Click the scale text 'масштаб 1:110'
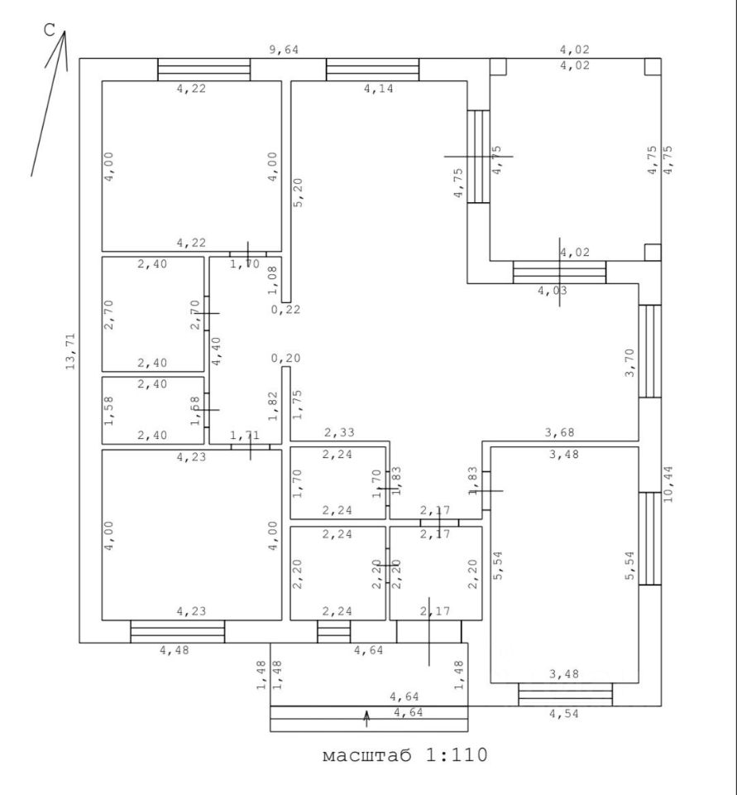click(x=404, y=756)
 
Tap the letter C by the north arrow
click(x=49, y=31)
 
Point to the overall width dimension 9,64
click(x=285, y=50)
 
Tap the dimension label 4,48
click(x=175, y=651)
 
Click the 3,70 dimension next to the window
click(x=630, y=363)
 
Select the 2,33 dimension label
click(x=339, y=431)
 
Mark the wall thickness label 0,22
click(x=286, y=310)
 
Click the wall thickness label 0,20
click(x=286, y=359)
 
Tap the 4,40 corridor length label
click(x=217, y=349)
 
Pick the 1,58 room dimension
click(x=109, y=410)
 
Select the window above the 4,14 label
click(x=372, y=69)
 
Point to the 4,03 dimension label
click(x=553, y=291)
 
